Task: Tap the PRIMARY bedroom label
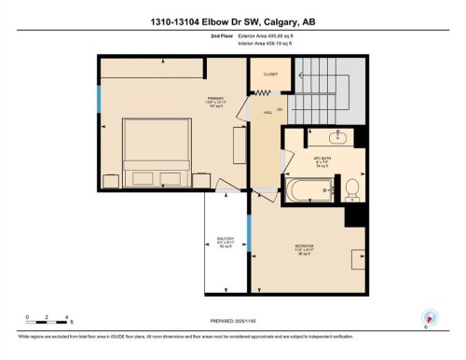(216, 98)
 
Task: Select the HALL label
(267, 112)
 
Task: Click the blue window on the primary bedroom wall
(98, 99)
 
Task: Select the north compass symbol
(429, 318)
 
